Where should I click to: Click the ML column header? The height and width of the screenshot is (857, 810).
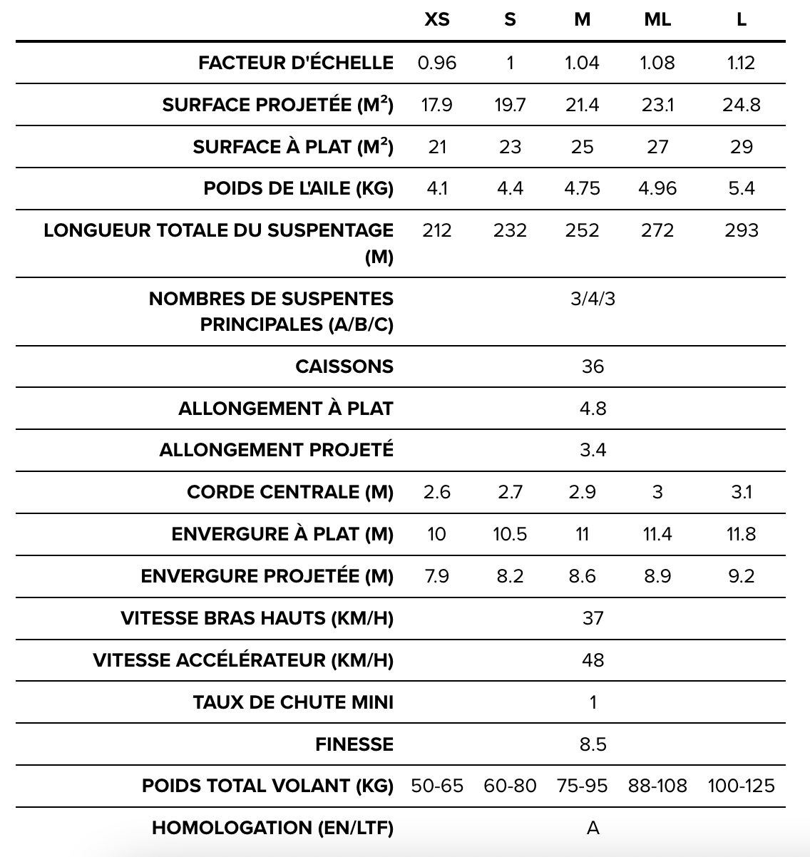pos(657,20)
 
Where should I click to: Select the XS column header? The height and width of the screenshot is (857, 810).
pos(437,20)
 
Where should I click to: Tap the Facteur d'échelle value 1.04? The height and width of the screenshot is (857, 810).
pos(582,63)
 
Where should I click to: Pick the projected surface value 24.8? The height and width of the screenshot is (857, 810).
pos(741,105)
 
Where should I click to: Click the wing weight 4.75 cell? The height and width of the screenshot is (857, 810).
pos(582,188)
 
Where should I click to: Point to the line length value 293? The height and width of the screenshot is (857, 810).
pos(741,230)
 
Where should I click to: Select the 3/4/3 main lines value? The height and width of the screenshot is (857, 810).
pos(593,298)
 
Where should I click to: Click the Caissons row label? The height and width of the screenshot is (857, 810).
pos(344,366)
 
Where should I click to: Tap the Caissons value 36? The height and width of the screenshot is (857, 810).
pos(593,366)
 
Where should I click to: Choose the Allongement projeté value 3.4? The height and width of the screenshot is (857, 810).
pos(593,450)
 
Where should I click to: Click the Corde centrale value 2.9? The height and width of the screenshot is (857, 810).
pos(582,492)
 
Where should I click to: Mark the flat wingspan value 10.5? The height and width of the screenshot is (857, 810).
pos(510,534)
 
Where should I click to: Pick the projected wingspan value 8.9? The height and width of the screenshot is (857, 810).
pos(657,576)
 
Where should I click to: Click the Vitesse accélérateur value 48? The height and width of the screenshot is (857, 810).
pos(593,660)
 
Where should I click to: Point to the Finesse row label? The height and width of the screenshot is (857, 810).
pos(354,744)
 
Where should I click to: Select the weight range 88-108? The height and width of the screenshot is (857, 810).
pos(657,786)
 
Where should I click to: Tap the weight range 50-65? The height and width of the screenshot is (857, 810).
pos(437,786)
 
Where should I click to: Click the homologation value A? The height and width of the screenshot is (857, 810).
pos(593,828)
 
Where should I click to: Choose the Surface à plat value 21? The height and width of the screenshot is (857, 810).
pos(437,147)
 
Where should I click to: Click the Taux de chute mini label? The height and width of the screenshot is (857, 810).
pos(293,702)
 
